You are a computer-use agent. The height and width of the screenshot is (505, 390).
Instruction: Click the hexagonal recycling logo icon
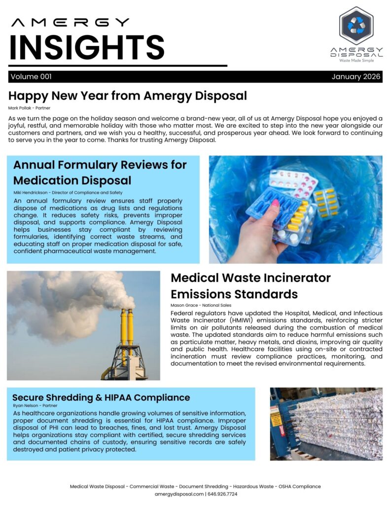click(x=356, y=26)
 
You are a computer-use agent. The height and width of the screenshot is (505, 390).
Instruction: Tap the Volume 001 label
click(x=31, y=77)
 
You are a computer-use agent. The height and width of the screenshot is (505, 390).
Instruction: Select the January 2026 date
click(x=356, y=77)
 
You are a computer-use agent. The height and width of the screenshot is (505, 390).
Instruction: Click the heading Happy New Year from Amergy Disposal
click(x=127, y=95)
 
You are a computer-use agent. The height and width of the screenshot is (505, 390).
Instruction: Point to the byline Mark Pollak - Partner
click(x=29, y=108)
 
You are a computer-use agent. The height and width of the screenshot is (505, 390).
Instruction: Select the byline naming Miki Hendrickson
click(x=68, y=192)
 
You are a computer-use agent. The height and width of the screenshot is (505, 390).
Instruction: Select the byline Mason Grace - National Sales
click(x=201, y=305)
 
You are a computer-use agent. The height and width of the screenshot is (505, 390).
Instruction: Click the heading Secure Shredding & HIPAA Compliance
click(x=101, y=397)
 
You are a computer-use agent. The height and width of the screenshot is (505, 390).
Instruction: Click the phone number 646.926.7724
click(x=222, y=494)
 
